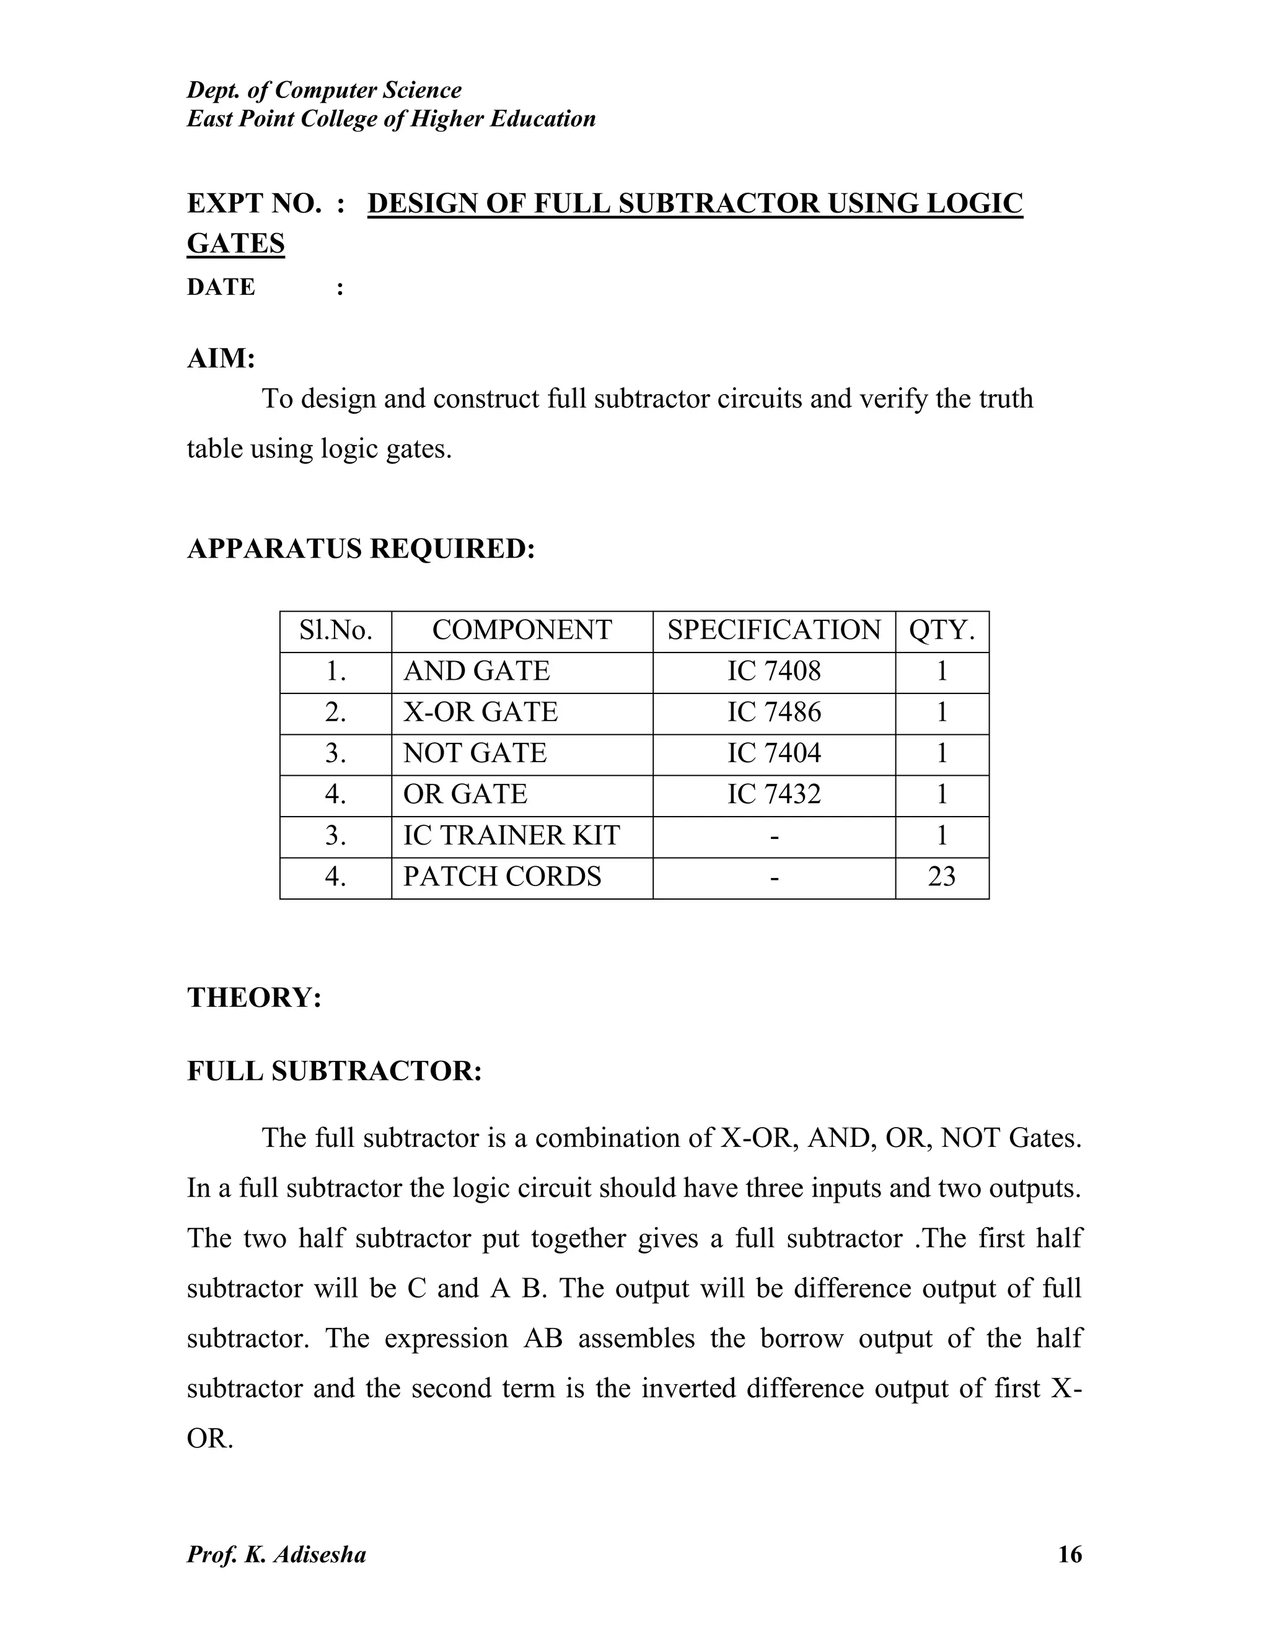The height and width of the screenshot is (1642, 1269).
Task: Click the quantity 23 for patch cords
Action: pos(941,877)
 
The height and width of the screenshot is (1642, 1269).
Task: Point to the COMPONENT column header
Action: pos(522,630)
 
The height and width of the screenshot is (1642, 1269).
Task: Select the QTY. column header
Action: pos(941,630)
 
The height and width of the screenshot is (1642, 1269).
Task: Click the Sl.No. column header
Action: pos(335,630)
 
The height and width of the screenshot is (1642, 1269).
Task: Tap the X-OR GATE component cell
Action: pos(480,713)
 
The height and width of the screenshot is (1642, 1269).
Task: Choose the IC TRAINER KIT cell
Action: pos(511,836)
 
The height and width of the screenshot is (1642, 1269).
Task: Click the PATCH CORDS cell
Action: pos(502,877)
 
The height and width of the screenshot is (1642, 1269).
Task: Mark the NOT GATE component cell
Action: pos(475,753)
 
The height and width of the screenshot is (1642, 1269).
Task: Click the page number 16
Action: pos(1069,1554)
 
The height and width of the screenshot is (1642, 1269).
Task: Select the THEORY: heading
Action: pos(254,998)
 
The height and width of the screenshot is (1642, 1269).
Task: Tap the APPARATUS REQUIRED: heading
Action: pos(361,549)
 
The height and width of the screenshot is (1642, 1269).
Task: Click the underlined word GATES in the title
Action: pos(235,244)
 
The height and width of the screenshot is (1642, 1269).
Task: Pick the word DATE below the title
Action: pos(221,288)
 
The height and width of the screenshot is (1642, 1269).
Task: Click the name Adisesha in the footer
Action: pos(320,1554)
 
